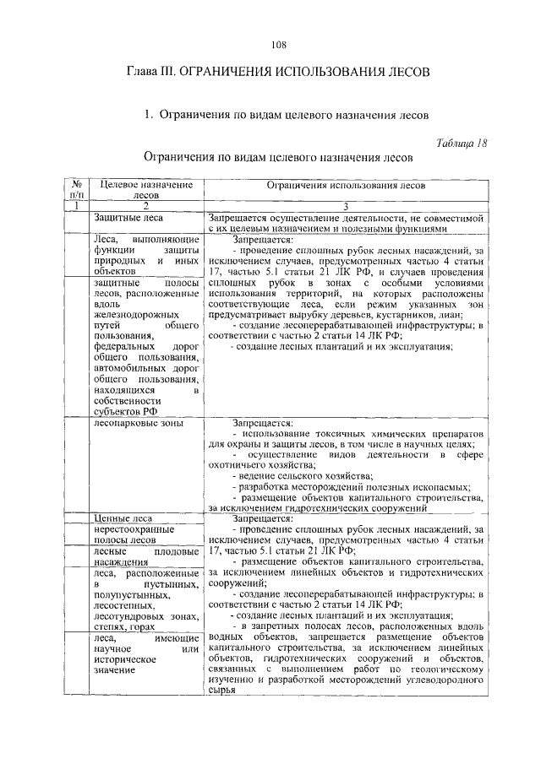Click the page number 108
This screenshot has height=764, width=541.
point(280,45)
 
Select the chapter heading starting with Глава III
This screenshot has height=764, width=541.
point(280,73)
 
